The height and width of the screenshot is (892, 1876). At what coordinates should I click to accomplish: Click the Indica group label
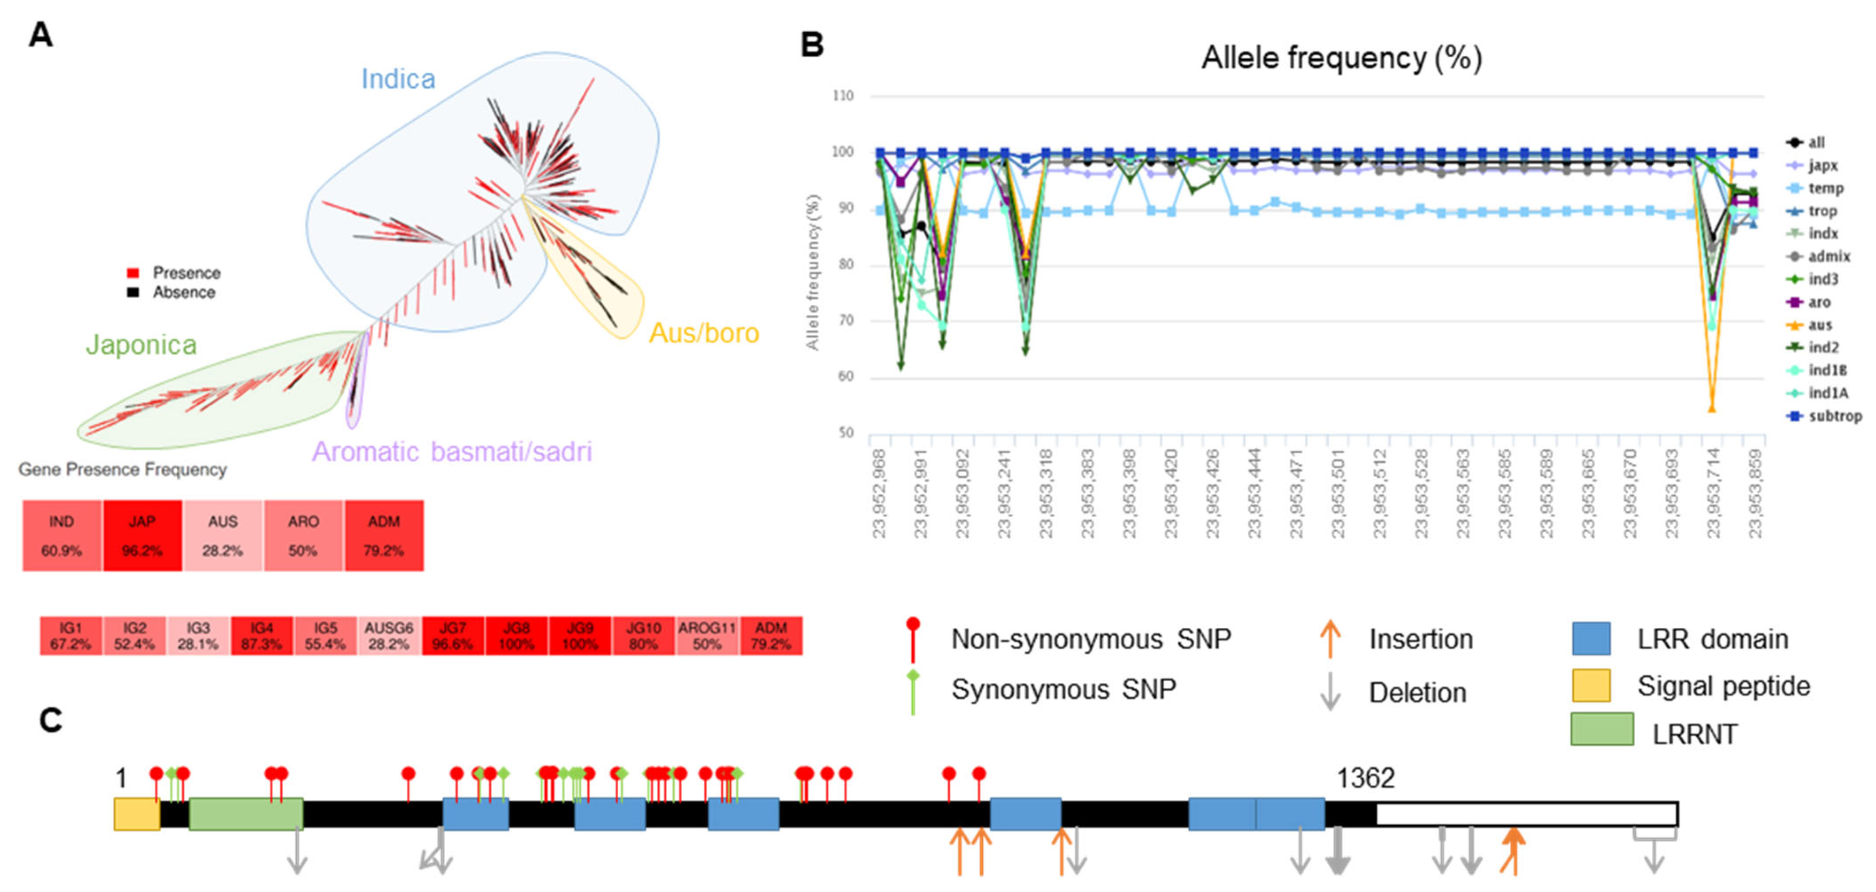coord(398,79)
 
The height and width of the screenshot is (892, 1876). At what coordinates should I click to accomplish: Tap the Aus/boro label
coord(703,333)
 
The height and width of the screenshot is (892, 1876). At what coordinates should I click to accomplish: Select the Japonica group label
coord(141,344)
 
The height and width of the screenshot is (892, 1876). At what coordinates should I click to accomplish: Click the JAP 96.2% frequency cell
coord(142,536)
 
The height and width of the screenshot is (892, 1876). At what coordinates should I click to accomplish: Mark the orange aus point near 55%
coord(1711,409)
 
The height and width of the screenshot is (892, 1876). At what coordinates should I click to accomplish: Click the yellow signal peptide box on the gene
coord(136,814)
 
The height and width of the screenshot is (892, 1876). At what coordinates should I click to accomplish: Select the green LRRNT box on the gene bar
coord(246,814)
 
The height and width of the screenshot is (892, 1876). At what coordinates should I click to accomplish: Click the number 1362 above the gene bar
coord(1365,778)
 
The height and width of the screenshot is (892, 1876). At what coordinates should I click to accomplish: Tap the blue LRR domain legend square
coord(1591,639)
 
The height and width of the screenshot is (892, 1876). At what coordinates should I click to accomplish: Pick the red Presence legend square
coord(133,273)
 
